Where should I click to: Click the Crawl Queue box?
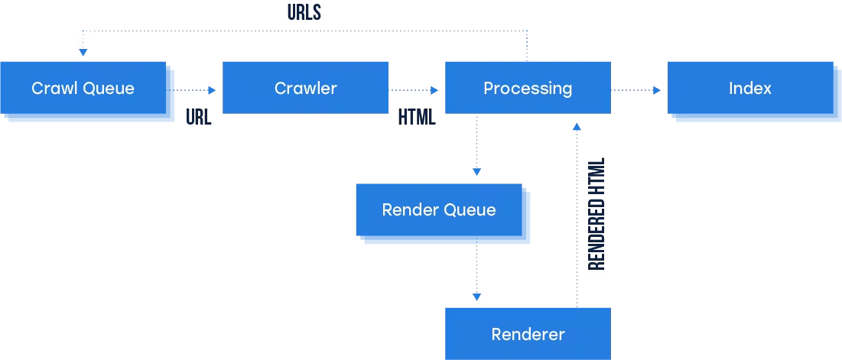[x=83, y=89]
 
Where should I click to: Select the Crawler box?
[x=305, y=88]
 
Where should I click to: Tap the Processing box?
[x=528, y=88]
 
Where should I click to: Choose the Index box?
[x=749, y=88]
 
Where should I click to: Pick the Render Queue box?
[x=439, y=210]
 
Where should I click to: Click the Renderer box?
[x=528, y=334]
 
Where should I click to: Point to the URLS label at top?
[x=304, y=13]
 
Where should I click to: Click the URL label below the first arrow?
[x=199, y=118]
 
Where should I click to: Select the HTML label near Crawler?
[x=417, y=118]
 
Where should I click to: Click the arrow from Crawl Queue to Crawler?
[x=196, y=90]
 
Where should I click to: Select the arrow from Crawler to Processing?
[x=413, y=90]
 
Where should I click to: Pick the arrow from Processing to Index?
[x=635, y=90]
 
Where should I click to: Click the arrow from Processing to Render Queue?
[x=476, y=145]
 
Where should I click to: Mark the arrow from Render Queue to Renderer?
[x=476, y=271]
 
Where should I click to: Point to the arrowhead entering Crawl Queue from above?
[x=83, y=53]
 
